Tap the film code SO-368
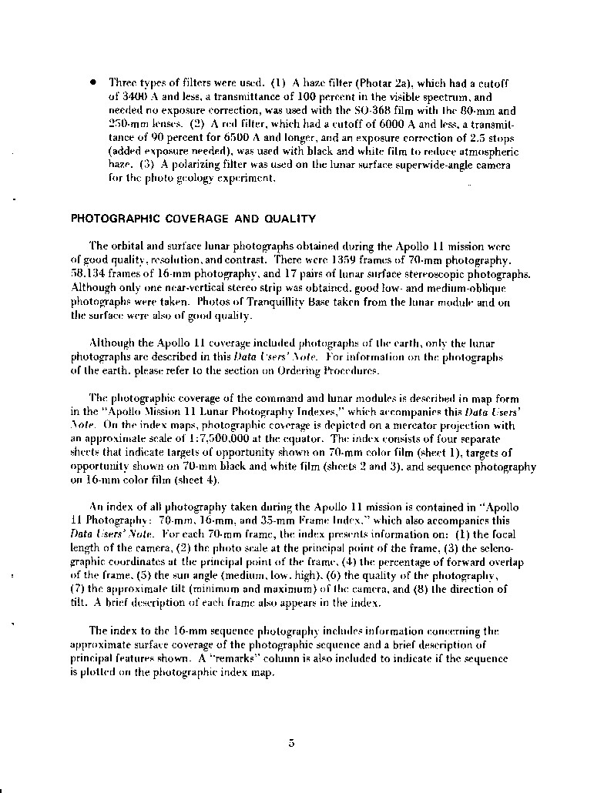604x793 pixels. tap(397, 110)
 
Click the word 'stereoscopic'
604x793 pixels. tap(449, 274)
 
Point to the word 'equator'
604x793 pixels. tap(302, 439)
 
